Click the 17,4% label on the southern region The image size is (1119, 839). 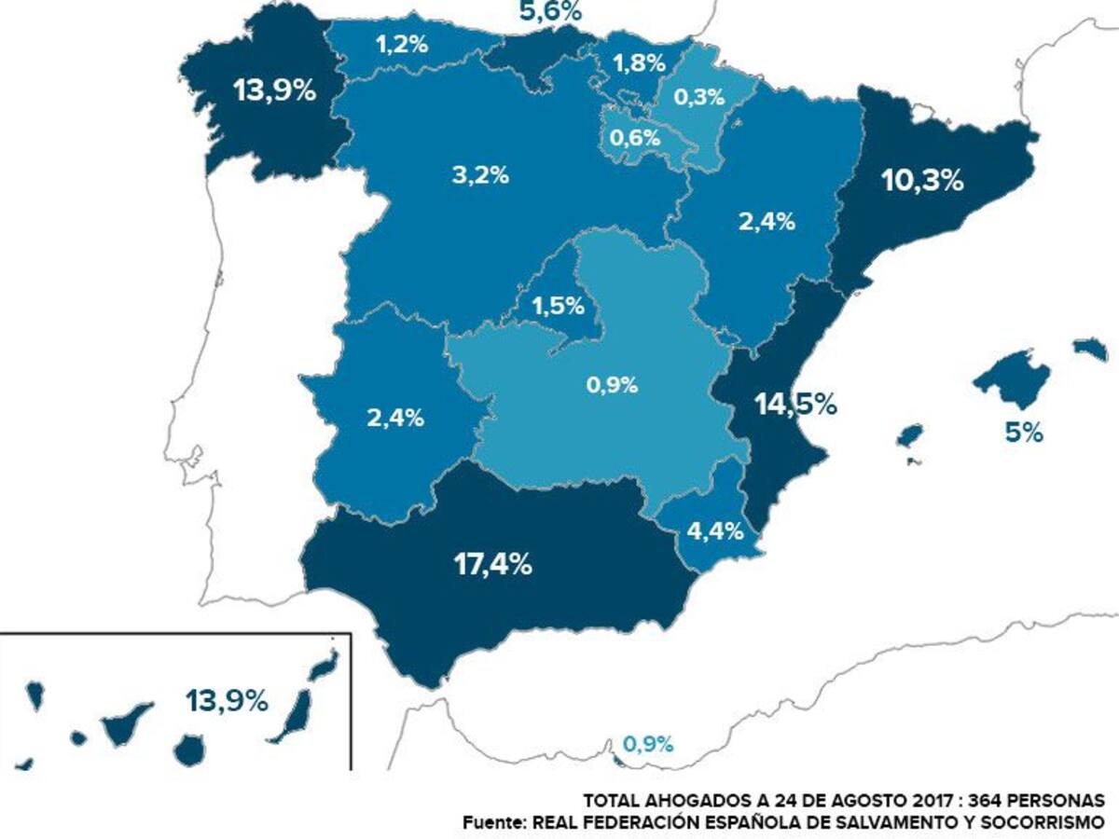(x=494, y=564)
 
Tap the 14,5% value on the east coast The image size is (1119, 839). (x=794, y=406)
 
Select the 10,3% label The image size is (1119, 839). (x=921, y=181)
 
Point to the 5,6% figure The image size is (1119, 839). (x=550, y=11)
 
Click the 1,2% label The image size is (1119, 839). (x=402, y=44)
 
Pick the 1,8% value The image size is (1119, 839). (x=639, y=63)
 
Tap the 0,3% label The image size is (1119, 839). (x=699, y=96)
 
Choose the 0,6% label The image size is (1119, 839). (x=636, y=138)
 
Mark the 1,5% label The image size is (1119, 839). (x=558, y=305)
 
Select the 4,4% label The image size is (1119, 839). (x=715, y=531)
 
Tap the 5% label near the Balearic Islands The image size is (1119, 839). (x=1024, y=433)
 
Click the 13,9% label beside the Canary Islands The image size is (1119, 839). (x=227, y=700)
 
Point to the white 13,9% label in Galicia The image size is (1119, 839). (x=275, y=92)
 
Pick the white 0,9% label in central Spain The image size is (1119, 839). (x=613, y=384)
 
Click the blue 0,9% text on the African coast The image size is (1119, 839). (x=647, y=744)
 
